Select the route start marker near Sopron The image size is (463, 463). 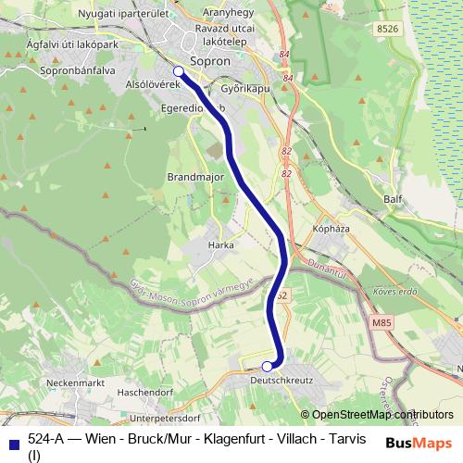coord(179,70)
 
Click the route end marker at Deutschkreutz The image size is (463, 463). coord(267,366)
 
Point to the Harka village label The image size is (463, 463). coord(222,244)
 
